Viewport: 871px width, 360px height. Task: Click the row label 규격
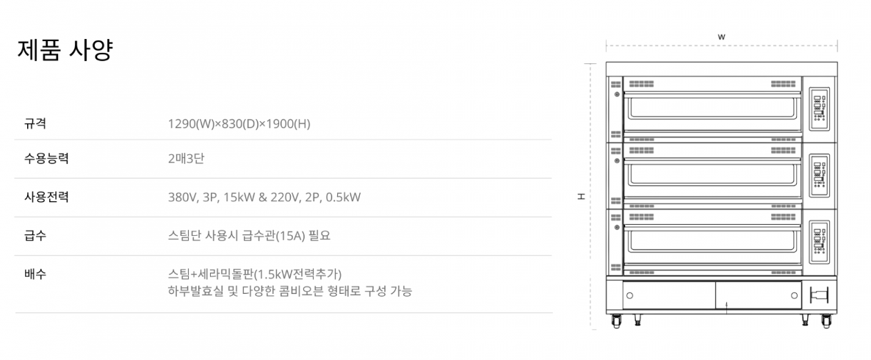[35, 123]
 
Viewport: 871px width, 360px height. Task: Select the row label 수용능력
[46, 159]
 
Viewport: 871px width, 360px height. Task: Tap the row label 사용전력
[46, 197]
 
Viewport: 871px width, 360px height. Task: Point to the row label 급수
[35, 236]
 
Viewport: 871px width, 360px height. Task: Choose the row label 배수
[35, 274]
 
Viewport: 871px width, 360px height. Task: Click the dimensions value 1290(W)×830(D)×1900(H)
[239, 123]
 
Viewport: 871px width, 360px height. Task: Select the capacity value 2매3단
[187, 159]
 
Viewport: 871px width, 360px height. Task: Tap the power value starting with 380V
[264, 197]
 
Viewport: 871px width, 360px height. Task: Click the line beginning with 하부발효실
[290, 291]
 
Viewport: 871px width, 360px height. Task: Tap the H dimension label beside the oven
[580, 196]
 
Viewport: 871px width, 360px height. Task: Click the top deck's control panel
[819, 109]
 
